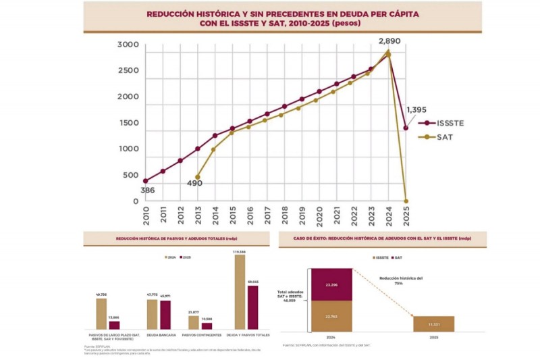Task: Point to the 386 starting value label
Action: pyautogui.click(x=147, y=190)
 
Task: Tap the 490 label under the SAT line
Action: pyautogui.click(x=194, y=183)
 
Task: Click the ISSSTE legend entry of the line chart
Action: pyautogui.click(x=448, y=124)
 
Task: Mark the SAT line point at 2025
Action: pyautogui.click(x=406, y=201)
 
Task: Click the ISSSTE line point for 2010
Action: pyautogui.click(x=145, y=181)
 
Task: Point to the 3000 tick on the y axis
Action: pyautogui.click(x=128, y=45)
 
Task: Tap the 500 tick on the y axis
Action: pyautogui.click(x=131, y=176)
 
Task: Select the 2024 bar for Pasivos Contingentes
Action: pyautogui.click(x=194, y=322)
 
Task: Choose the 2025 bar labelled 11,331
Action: pyautogui.click(x=433, y=324)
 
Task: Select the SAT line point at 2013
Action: pyautogui.click(x=197, y=177)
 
